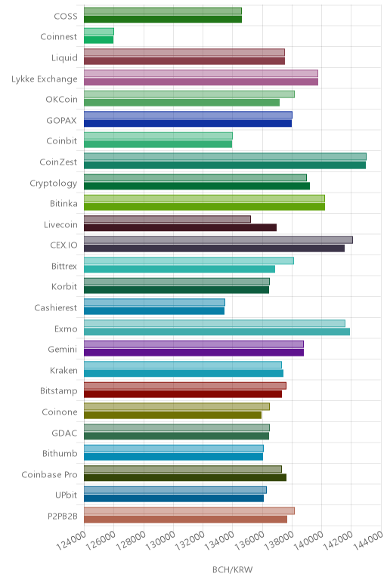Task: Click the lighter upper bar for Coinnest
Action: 99,32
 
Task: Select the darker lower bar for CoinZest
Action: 224,165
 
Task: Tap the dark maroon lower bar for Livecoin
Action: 180,227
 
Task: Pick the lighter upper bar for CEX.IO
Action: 218,240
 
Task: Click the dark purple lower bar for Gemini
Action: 193,353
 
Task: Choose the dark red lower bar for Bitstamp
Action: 183,394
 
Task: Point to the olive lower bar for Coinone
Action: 172,415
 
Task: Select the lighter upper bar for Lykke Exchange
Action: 201,73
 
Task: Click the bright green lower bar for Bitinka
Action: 204,207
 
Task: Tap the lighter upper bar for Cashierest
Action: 154,302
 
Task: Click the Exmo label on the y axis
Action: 66,329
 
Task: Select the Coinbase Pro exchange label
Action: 49,475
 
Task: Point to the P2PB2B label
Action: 63,517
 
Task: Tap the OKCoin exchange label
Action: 62,100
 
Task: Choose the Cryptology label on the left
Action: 54,184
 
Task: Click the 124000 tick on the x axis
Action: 72,540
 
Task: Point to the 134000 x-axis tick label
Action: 219,540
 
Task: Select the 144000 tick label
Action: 367,540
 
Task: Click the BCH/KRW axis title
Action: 233,569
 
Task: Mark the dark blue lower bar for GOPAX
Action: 188,123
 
